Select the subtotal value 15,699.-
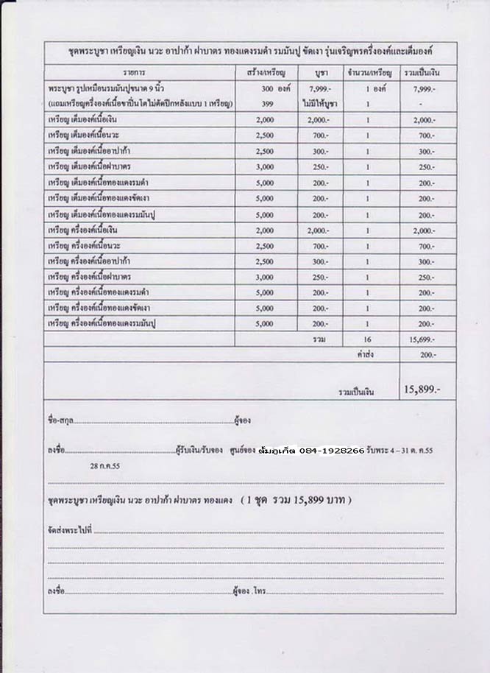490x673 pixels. (x=424, y=339)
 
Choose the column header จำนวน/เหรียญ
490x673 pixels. (x=370, y=74)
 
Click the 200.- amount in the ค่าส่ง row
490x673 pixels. (x=427, y=354)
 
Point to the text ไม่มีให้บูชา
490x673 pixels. (x=320, y=105)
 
